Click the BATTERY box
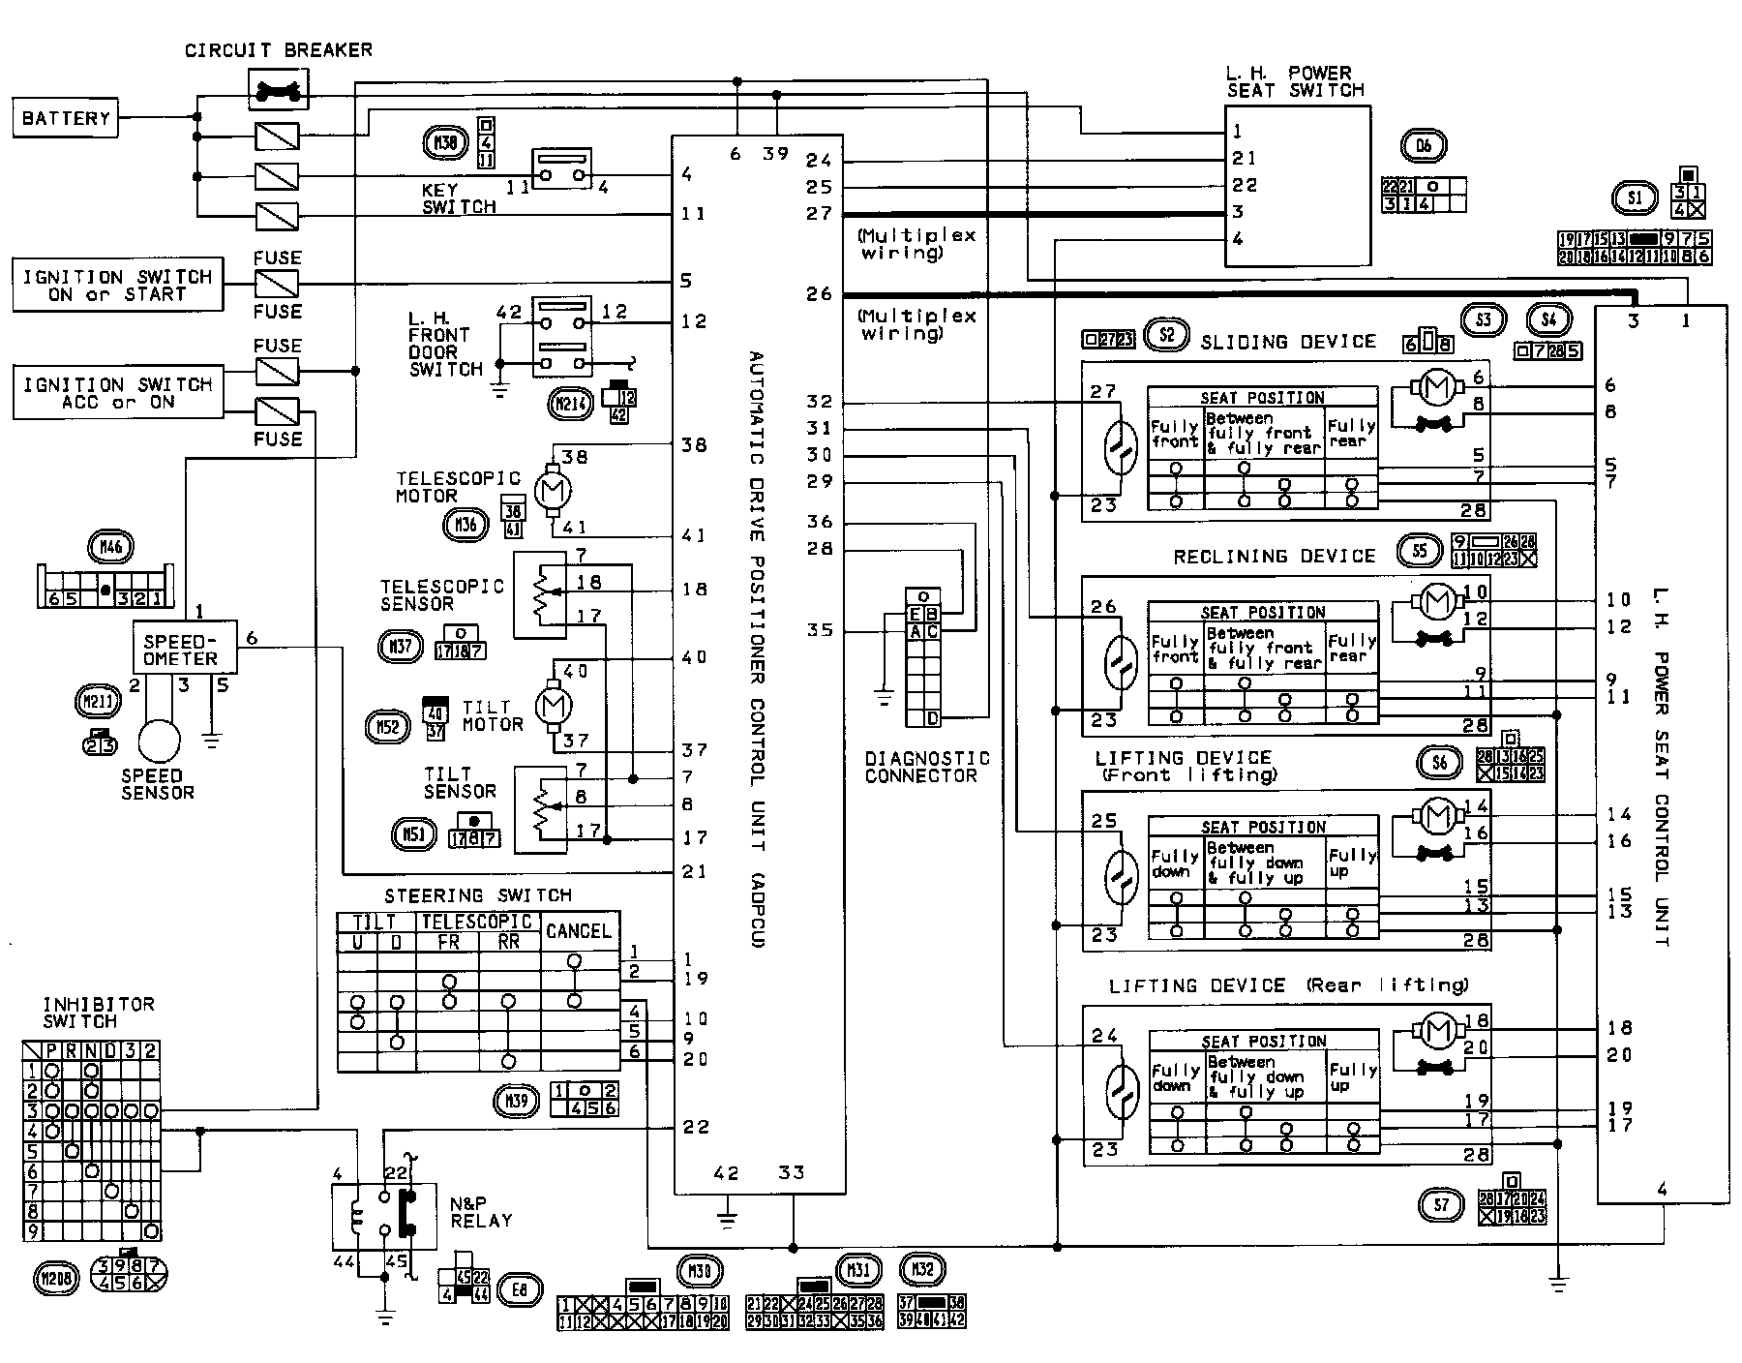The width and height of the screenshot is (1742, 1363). tap(66, 118)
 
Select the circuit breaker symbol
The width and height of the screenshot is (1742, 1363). tap(277, 93)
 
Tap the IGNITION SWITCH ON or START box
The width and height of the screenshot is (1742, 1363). tap(117, 285)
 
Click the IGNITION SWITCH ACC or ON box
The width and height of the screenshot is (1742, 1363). tap(117, 392)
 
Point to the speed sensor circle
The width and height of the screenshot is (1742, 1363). tap(159, 742)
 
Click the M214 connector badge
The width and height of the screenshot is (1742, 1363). tap(571, 404)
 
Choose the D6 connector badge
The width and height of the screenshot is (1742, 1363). tap(1423, 146)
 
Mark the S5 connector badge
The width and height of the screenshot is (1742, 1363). tap(1419, 552)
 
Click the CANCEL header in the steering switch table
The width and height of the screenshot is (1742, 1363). tap(579, 931)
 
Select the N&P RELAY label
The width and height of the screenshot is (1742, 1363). tap(481, 1212)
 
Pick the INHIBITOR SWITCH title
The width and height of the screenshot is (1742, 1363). tap(99, 1013)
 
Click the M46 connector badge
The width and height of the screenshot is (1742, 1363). tap(111, 547)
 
